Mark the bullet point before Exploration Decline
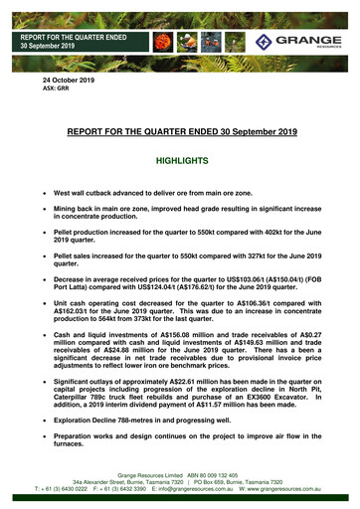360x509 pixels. (x=42, y=421)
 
